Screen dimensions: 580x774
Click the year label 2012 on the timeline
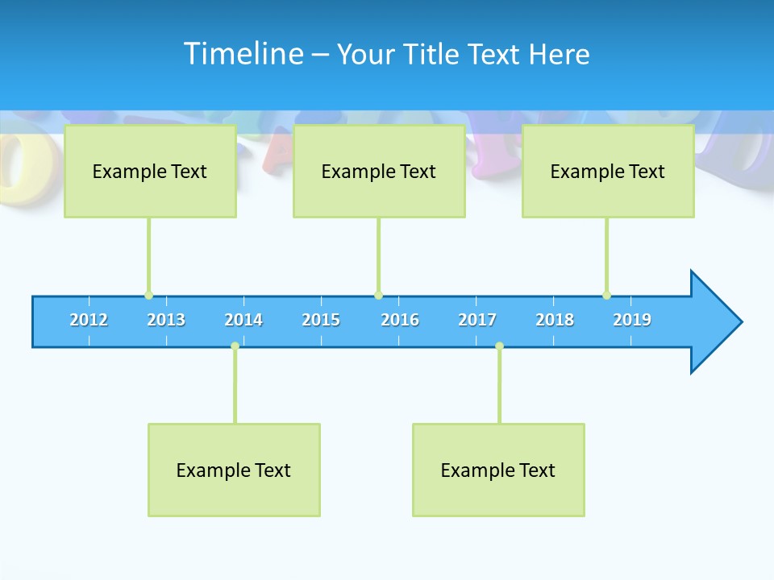(x=89, y=320)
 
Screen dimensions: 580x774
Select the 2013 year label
(x=166, y=320)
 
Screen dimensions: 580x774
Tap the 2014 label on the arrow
(x=243, y=320)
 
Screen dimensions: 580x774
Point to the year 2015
(x=321, y=320)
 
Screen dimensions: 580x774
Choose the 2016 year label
(x=400, y=320)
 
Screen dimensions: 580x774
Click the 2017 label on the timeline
(x=477, y=320)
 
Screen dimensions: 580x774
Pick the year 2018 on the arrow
(x=555, y=320)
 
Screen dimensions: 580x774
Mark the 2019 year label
(x=632, y=320)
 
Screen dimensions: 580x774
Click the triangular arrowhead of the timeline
(x=714, y=322)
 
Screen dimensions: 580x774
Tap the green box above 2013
(x=150, y=171)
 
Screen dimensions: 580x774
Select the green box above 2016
(x=379, y=171)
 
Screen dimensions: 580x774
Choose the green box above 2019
(x=608, y=171)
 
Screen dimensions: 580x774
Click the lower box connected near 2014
(x=234, y=470)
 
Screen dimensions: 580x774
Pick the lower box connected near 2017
(x=498, y=470)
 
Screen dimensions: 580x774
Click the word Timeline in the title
(x=241, y=53)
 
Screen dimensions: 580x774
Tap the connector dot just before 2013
(x=148, y=296)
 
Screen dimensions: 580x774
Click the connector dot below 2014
(x=235, y=346)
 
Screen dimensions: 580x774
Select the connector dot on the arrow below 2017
(x=499, y=346)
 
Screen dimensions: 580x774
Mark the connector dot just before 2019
(x=606, y=296)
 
